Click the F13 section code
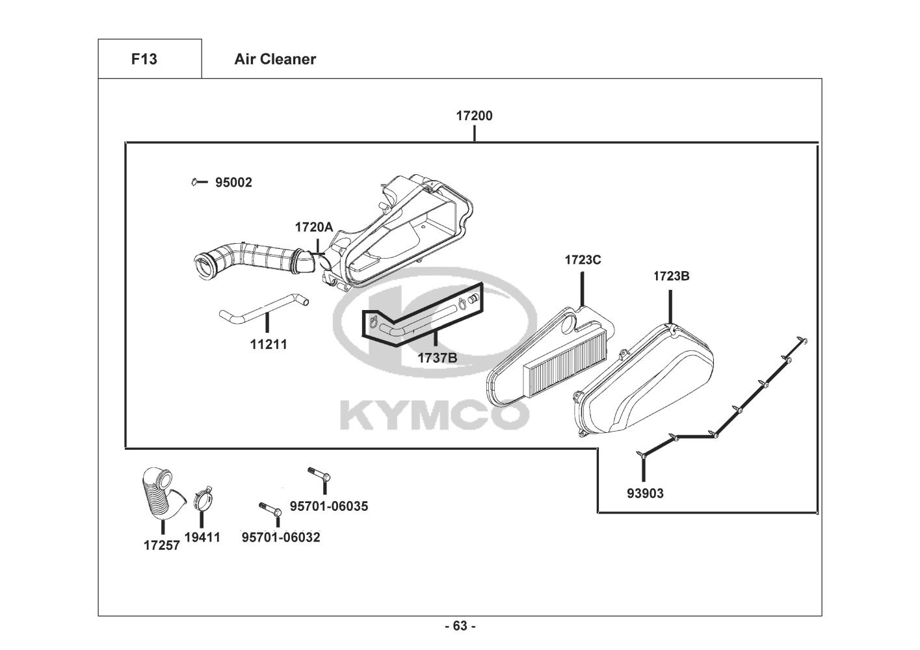pyautogui.click(x=144, y=59)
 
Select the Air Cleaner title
pyautogui.click(x=275, y=59)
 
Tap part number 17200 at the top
pyautogui.click(x=474, y=116)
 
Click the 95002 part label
pyautogui.click(x=233, y=183)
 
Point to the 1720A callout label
pyautogui.click(x=313, y=227)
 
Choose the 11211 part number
pyautogui.click(x=269, y=344)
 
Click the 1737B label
pyautogui.click(x=437, y=357)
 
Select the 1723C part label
pyautogui.click(x=583, y=260)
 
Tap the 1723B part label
pyautogui.click(x=671, y=276)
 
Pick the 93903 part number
pyautogui.click(x=645, y=493)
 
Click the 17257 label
pyautogui.click(x=161, y=545)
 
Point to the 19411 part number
pyautogui.click(x=202, y=538)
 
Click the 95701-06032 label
pyautogui.click(x=281, y=538)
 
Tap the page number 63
pyautogui.click(x=460, y=626)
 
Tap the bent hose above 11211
pyautogui.click(x=263, y=307)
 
